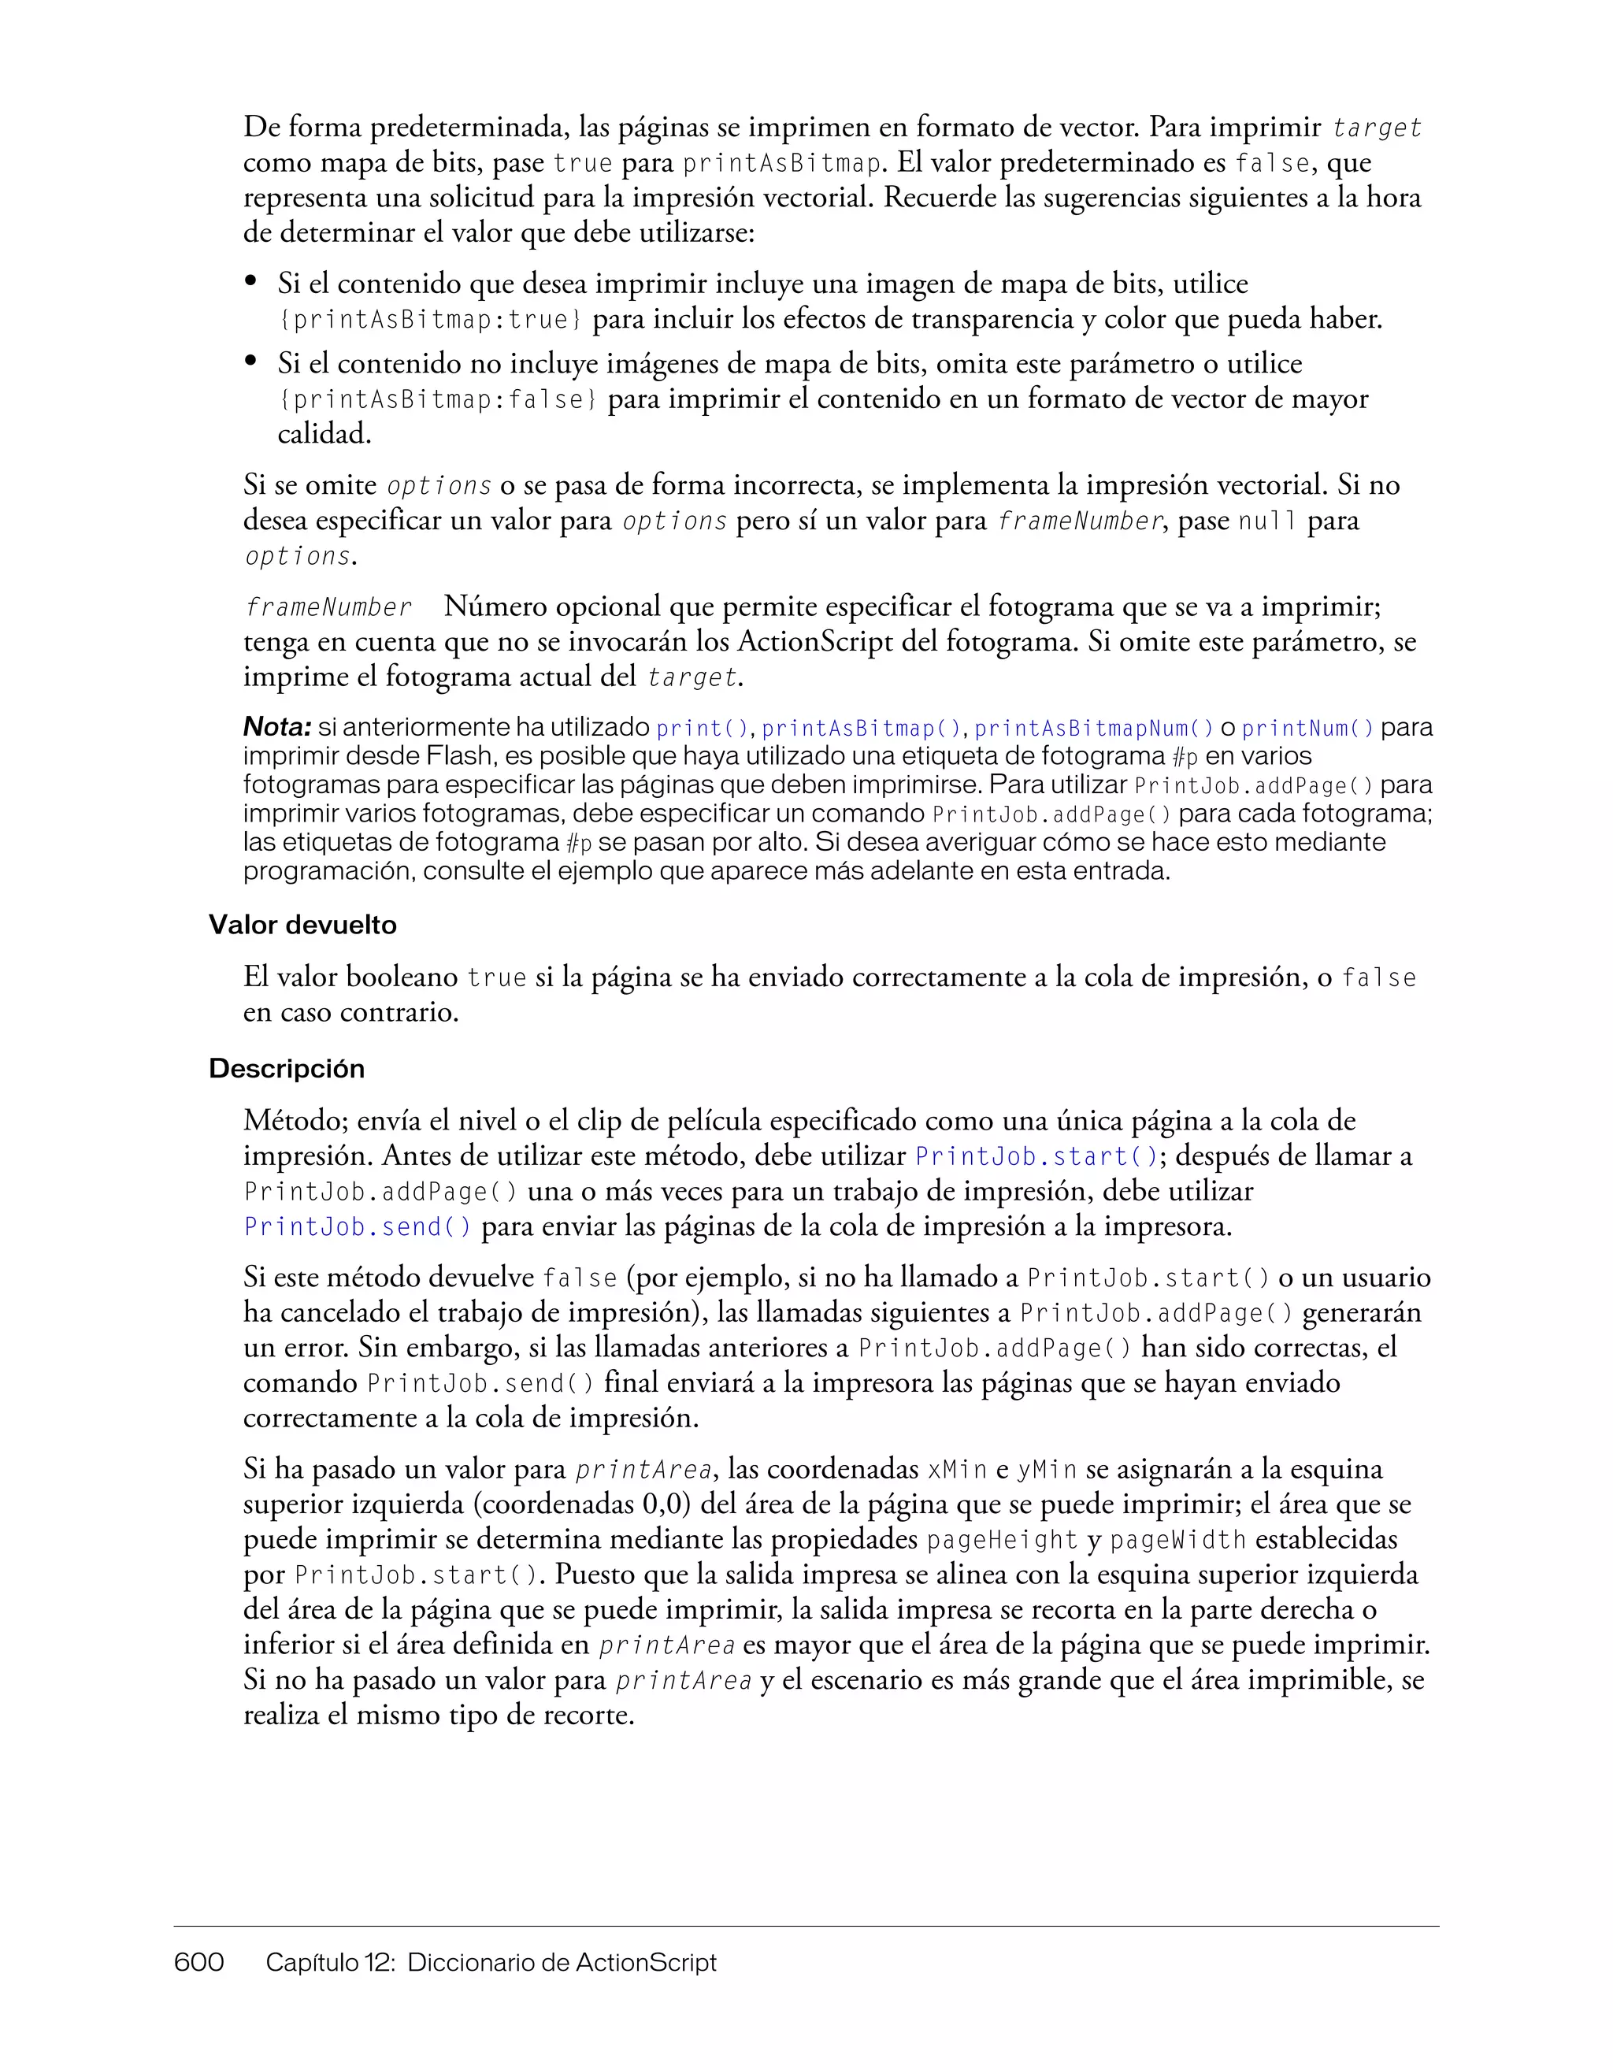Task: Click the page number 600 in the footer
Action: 199,1961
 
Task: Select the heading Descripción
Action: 286,1069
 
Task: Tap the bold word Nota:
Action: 276,728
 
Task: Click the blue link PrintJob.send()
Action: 358,1227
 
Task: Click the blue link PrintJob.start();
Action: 1036,1157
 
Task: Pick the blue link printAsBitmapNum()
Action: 1094,729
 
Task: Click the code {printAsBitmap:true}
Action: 430,321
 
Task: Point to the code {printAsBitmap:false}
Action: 438,400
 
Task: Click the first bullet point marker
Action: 251,280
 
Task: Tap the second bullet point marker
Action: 251,361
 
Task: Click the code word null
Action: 1267,521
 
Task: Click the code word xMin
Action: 957,1470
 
